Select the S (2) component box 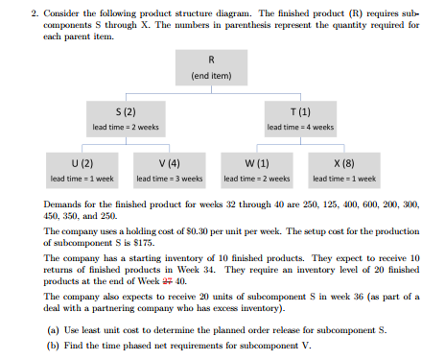[124, 117]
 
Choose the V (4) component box [169, 169]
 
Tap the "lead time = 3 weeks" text [169, 179]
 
